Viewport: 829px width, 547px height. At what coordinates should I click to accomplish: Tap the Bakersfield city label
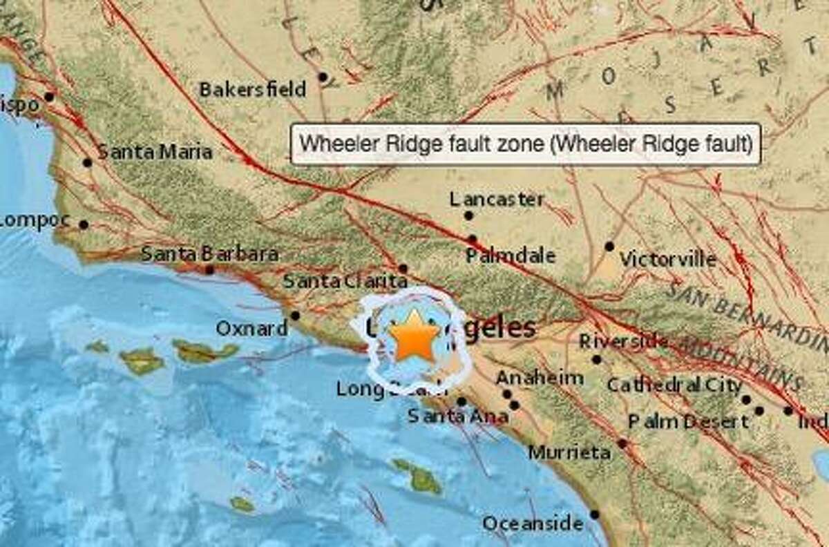click(x=252, y=90)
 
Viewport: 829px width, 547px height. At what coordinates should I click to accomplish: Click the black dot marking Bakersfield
click(x=323, y=77)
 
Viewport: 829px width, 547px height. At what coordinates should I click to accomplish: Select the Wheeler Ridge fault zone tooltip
click(x=526, y=144)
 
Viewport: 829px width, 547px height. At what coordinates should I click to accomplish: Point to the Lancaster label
click(x=496, y=200)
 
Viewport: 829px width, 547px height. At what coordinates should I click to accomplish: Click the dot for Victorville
click(x=609, y=246)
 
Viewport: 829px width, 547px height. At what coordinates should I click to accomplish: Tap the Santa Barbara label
click(x=209, y=254)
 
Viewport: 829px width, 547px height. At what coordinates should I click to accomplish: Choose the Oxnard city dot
click(x=295, y=316)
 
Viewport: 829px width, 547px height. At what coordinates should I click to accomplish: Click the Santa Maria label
click(x=155, y=152)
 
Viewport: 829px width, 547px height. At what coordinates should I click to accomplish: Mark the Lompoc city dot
click(x=84, y=224)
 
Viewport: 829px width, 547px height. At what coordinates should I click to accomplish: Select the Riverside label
click(x=623, y=341)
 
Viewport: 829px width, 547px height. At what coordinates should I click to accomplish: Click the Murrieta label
click(x=569, y=453)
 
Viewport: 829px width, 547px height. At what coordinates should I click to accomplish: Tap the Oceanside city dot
click(x=595, y=515)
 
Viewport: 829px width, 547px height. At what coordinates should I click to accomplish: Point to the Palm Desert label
click(x=687, y=421)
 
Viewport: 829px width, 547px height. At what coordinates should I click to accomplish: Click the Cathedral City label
click(x=674, y=385)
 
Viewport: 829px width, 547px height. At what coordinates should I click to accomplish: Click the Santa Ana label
click(x=457, y=416)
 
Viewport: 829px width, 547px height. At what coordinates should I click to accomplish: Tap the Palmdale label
click(x=510, y=256)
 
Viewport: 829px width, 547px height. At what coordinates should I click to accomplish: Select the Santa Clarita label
click(x=345, y=281)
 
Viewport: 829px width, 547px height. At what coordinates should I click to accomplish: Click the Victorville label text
click(x=667, y=260)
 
